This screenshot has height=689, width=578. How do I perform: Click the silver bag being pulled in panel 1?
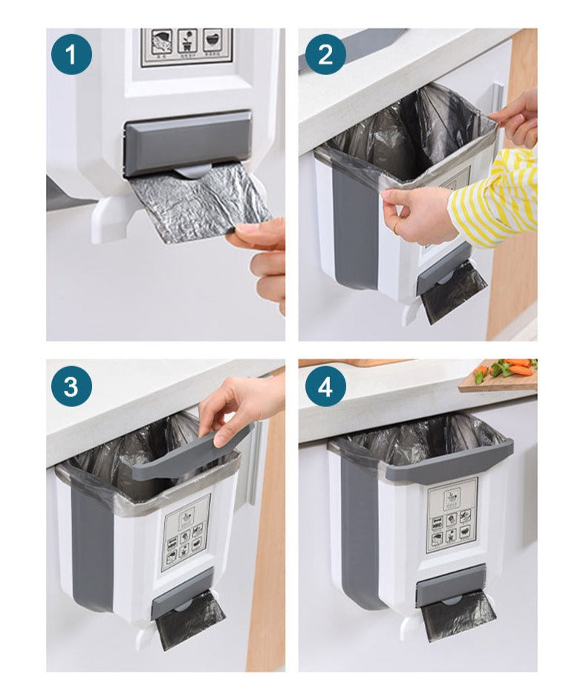click(196, 202)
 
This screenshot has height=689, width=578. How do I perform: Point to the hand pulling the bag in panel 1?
click(264, 256)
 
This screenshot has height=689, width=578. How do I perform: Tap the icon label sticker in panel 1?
click(186, 47)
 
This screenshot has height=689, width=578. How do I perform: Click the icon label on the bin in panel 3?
click(186, 542)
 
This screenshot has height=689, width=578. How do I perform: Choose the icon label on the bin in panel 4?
click(451, 515)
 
